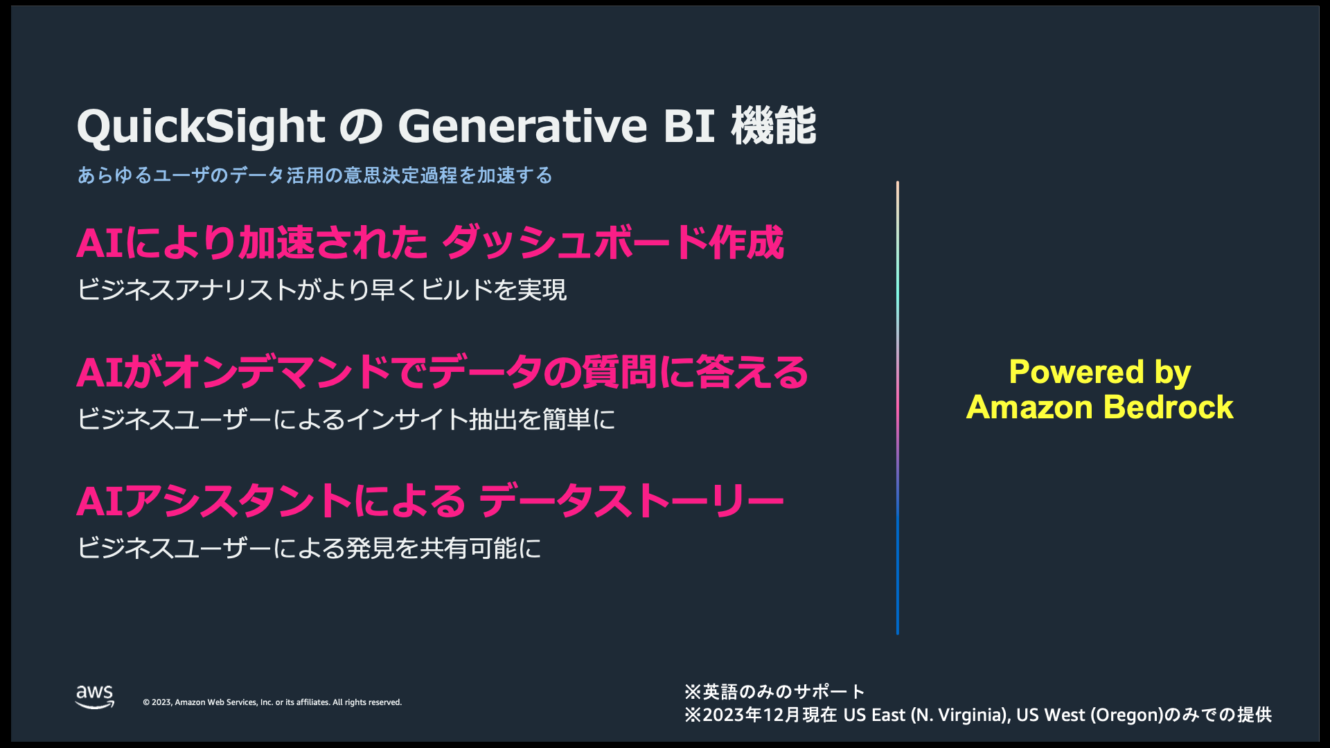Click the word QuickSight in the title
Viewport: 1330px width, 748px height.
point(201,127)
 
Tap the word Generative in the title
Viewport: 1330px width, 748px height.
point(522,126)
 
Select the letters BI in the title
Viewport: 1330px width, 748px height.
point(689,126)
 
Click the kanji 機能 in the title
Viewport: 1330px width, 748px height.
point(774,125)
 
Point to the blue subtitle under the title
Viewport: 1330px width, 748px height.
point(315,175)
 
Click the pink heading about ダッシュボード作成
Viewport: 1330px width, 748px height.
point(430,242)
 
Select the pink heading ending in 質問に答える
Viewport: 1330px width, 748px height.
point(443,372)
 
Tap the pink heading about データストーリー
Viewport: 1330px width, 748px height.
point(430,501)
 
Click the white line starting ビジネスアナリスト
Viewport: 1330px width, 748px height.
point(322,290)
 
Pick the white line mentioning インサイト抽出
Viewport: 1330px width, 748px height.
point(346,419)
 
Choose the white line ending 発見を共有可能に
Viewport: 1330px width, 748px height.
point(309,548)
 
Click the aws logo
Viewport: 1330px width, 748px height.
point(95,697)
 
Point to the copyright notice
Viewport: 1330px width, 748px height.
point(272,702)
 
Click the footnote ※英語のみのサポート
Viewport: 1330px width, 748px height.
point(774,692)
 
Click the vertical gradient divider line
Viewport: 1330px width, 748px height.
point(897,408)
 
